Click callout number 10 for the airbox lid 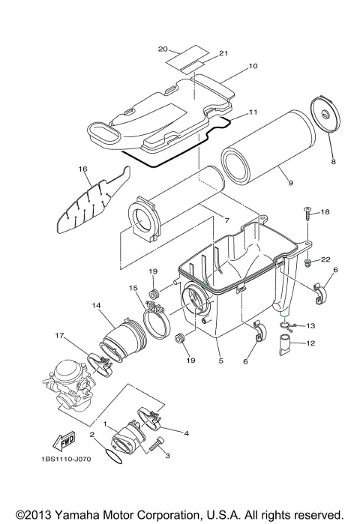click(253, 66)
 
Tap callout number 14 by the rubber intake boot click(96, 306)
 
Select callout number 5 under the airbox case click(220, 360)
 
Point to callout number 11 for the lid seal click(253, 112)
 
